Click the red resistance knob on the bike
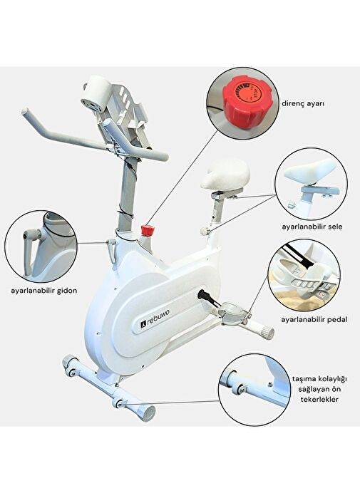(x=147, y=230)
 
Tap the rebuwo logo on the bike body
(x=155, y=319)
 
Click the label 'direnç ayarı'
(x=302, y=104)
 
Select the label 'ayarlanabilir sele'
(x=312, y=227)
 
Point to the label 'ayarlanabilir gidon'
(x=43, y=291)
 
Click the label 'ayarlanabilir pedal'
(x=314, y=320)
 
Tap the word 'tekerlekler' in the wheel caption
(x=319, y=399)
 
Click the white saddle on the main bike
(x=225, y=174)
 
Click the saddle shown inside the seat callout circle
(x=310, y=172)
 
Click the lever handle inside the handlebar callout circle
(x=31, y=249)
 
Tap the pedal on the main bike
(x=233, y=311)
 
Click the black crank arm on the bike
(x=209, y=299)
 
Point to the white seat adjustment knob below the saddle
(x=205, y=231)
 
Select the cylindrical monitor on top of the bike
(x=96, y=93)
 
